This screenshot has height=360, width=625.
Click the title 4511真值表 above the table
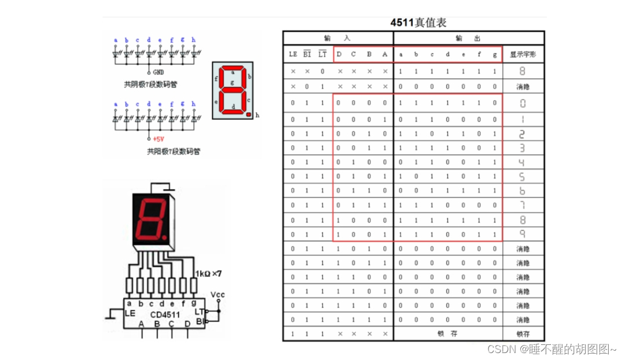coord(418,23)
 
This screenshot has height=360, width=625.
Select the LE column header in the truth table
coord(293,54)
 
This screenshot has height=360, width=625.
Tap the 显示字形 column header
coord(523,55)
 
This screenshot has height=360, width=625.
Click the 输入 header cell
coord(337,38)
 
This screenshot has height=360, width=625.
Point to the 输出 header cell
coord(468,38)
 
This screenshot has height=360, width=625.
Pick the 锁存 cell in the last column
coord(523,334)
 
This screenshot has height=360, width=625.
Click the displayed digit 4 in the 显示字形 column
coord(523,163)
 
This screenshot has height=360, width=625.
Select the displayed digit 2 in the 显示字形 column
coord(523,134)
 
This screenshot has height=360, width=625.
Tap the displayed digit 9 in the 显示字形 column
coord(523,234)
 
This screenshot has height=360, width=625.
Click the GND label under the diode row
coord(159,72)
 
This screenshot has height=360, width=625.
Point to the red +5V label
coord(159,139)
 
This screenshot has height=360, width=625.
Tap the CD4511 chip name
coord(166,315)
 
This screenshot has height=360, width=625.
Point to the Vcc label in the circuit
coord(218,295)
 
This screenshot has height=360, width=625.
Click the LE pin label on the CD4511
coord(130,313)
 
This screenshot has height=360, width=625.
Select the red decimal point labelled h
coord(248,115)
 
